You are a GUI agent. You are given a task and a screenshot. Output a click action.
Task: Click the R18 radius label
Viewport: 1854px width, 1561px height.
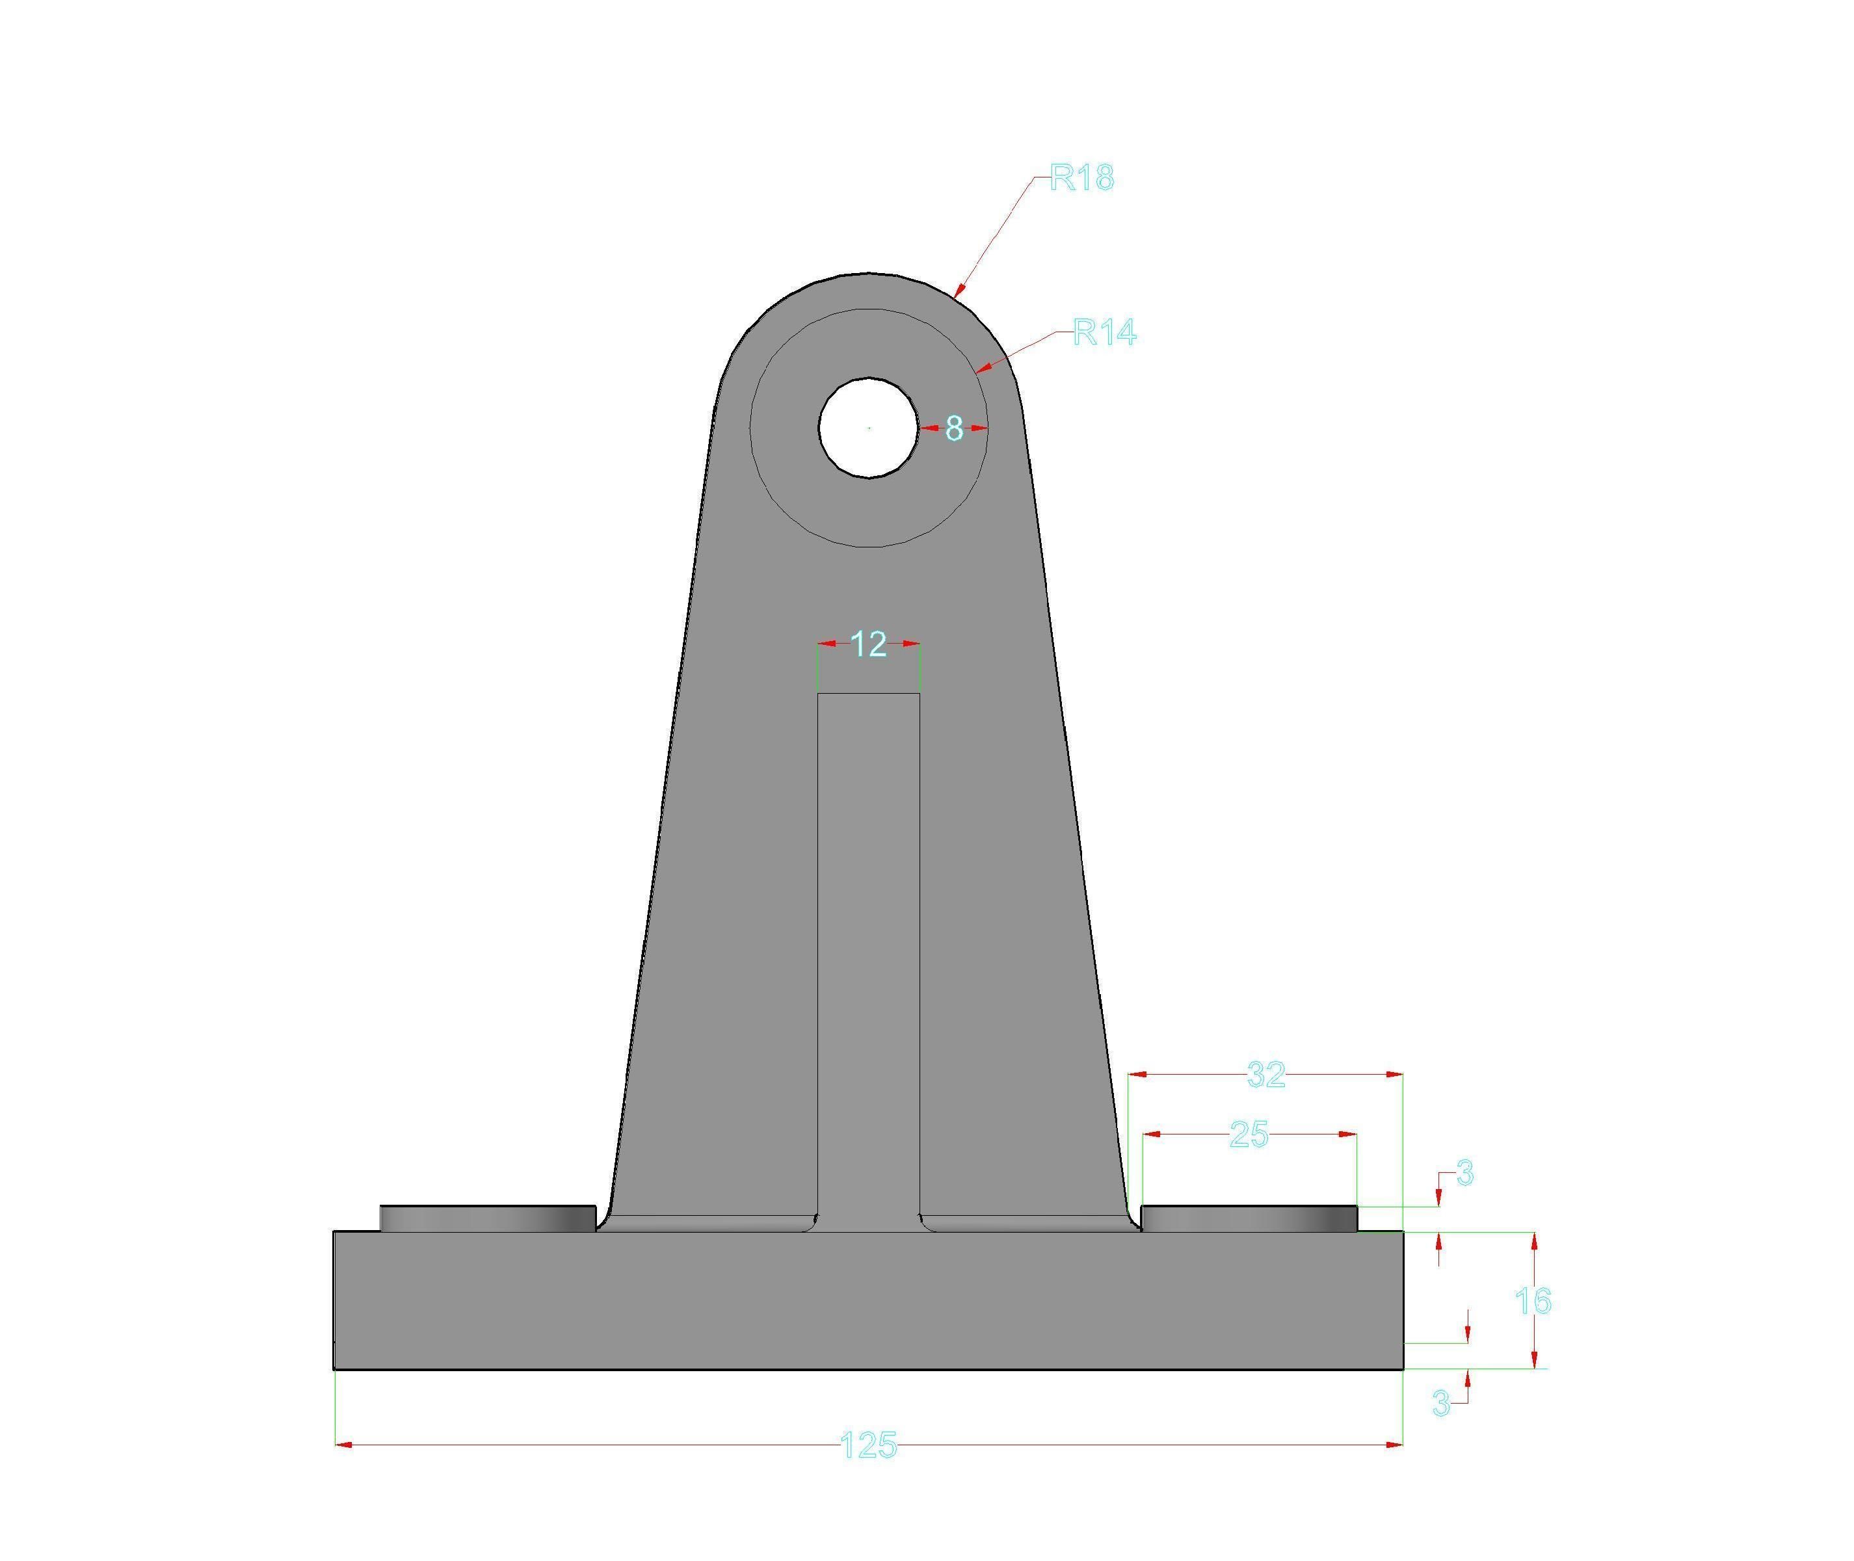[1081, 178]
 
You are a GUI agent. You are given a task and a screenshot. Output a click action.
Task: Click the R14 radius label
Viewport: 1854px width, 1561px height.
[1104, 333]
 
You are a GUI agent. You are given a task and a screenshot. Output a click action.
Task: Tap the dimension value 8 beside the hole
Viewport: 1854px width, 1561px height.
[953, 428]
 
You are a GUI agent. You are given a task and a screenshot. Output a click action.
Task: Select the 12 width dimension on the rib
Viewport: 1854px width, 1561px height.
[868, 644]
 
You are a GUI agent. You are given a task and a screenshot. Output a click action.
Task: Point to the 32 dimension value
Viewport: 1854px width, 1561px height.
[1265, 1075]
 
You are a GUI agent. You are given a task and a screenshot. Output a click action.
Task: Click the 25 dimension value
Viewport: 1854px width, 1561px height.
[1249, 1135]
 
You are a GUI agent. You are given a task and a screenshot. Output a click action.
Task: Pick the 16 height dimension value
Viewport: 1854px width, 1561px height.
[1532, 1301]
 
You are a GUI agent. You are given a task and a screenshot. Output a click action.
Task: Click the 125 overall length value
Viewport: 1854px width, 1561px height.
[867, 1445]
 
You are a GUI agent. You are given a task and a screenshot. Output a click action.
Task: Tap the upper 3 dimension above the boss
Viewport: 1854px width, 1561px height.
[1464, 1174]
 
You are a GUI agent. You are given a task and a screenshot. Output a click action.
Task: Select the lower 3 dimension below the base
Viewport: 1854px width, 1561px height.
[1440, 1402]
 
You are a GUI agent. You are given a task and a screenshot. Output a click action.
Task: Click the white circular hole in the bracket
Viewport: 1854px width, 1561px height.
[868, 428]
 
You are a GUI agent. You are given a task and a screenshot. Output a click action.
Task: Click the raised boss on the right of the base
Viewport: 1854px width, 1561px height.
[1249, 1218]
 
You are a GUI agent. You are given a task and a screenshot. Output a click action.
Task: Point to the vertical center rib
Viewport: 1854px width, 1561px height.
[868, 956]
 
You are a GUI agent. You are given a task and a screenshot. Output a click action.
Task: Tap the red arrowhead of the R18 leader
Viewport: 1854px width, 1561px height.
[957, 289]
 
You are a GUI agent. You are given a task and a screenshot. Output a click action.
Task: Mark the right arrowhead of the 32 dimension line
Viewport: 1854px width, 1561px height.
[1395, 1074]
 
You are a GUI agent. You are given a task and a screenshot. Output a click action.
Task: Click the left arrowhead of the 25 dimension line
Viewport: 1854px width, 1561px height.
[1150, 1134]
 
